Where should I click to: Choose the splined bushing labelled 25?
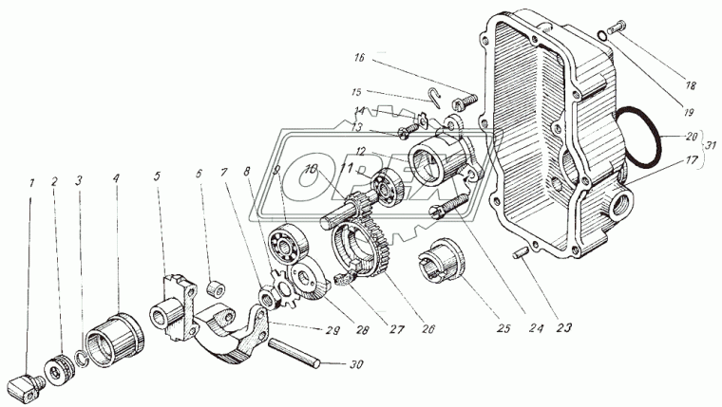(443, 259)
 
